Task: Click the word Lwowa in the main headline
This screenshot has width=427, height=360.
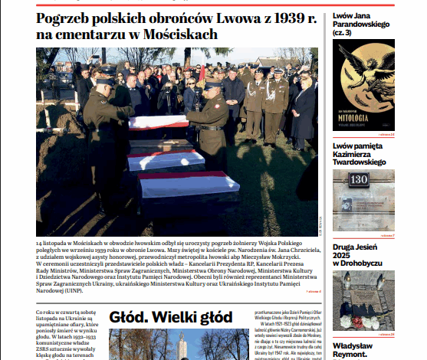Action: (230, 19)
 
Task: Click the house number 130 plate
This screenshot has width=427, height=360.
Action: (359, 179)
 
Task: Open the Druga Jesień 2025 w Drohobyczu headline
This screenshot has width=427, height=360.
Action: (363, 258)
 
